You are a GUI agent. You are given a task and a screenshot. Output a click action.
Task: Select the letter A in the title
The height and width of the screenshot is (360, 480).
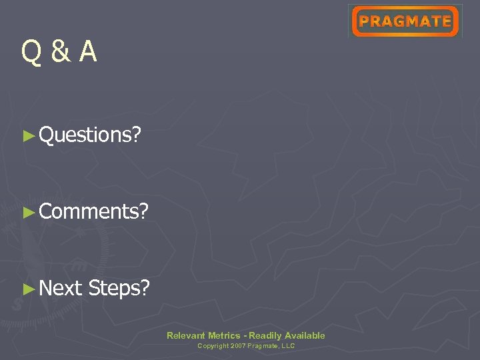(x=87, y=52)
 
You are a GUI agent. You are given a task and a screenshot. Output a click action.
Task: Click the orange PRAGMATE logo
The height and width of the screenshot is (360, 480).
(x=405, y=21)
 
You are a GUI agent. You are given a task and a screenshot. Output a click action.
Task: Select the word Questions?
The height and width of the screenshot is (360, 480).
(x=90, y=135)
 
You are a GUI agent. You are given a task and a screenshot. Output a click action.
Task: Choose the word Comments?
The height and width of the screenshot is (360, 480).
(x=93, y=212)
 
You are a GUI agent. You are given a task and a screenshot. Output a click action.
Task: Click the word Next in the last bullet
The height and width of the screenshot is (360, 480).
(x=61, y=289)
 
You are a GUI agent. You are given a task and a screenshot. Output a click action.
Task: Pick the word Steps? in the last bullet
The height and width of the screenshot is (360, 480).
(x=119, y=289)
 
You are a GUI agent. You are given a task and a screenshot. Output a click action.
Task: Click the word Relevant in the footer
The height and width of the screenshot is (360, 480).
(x=186, y=335)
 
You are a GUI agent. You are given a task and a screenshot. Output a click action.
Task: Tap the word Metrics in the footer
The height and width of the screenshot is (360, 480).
(x=224, y=335)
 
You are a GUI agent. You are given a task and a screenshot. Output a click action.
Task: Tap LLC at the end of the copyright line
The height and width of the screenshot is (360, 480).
(x=289, y=346)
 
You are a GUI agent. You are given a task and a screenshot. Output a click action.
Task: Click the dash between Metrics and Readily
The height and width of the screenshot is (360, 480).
(x=244, y=335)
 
